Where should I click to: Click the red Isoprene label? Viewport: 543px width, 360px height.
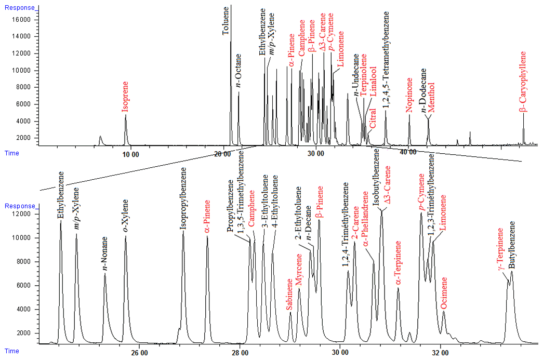coord(125,97)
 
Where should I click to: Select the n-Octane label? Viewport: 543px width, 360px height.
coord(239,70)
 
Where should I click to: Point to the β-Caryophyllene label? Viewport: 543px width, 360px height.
coord(523,82)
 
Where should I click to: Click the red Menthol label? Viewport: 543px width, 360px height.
coord(431,97)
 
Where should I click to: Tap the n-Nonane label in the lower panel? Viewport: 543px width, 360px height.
coord(105,254)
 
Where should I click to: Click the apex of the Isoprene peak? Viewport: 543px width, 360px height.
coord(125,115)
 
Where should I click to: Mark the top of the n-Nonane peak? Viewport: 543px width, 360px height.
coord(105,274)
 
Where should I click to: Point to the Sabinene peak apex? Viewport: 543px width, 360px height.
coord(290,312)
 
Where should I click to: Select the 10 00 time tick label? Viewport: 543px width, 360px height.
coord(130,153)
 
